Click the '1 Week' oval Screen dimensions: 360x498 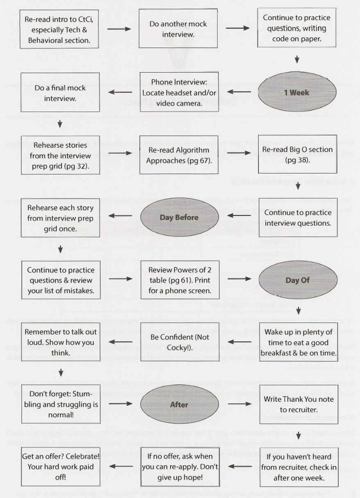[297, 92]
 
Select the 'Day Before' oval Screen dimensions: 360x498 [180, 217]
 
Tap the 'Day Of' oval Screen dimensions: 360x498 [298, 280]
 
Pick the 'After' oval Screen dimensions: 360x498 [180, 404]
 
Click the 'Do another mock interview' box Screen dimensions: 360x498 [178, 29]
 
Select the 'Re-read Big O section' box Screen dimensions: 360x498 [298, 155]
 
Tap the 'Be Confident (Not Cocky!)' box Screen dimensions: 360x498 [180, 342]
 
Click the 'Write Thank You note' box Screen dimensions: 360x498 [299, 404]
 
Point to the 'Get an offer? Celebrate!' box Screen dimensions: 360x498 [60, 467]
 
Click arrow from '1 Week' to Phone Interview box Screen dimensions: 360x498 [239, 92]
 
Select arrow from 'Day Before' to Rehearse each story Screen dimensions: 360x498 [120, 215]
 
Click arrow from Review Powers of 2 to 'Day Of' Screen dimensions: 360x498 [240, 279]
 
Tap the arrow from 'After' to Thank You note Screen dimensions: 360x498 [240, 404]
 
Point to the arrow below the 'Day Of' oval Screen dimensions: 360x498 [299, 310]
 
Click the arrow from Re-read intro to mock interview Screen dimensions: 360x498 [119, 29]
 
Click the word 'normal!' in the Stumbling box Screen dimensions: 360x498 [61, 415]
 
